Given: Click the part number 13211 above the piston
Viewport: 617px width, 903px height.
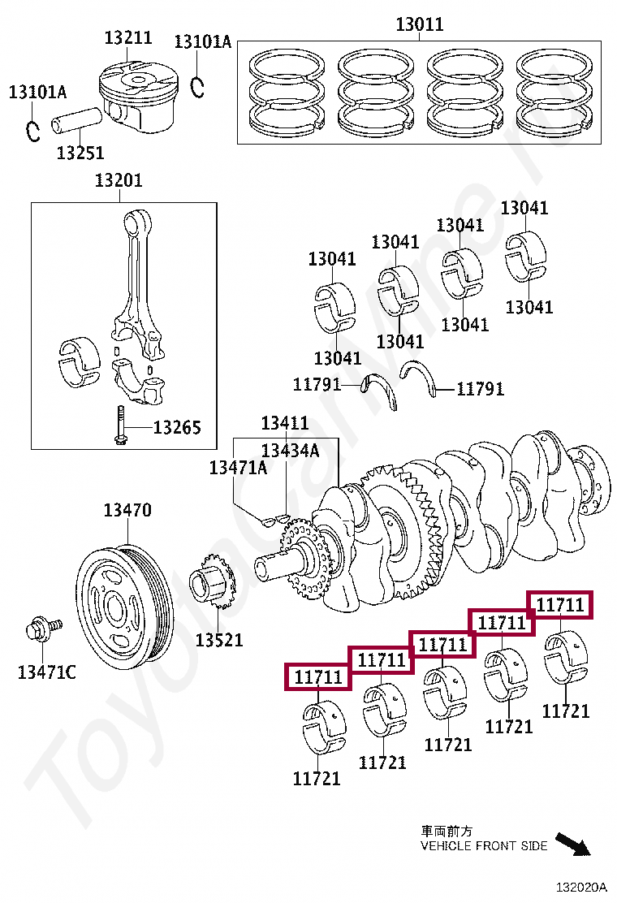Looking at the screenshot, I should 128,37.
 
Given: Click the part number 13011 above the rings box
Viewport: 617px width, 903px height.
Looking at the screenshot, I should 420,24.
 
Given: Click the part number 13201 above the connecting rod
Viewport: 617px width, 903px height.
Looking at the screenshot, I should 119,179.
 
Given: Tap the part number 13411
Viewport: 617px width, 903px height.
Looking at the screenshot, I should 284,423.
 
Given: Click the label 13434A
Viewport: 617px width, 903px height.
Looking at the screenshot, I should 290,450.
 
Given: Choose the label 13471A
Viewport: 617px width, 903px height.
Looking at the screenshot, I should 238,468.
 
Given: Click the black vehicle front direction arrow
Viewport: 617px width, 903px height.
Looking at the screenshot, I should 572,844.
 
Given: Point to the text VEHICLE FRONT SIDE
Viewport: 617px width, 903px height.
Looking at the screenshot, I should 484,846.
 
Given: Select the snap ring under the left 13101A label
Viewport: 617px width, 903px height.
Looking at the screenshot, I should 33,129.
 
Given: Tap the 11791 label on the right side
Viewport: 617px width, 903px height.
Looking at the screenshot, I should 480,389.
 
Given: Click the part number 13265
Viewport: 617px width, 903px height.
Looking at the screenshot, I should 177,427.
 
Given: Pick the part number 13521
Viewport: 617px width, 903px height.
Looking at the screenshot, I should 218,640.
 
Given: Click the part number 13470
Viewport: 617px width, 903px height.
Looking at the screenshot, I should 127,511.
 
